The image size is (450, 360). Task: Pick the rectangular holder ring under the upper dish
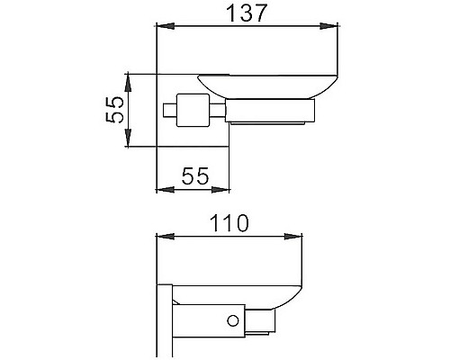(x=270, y=114)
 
